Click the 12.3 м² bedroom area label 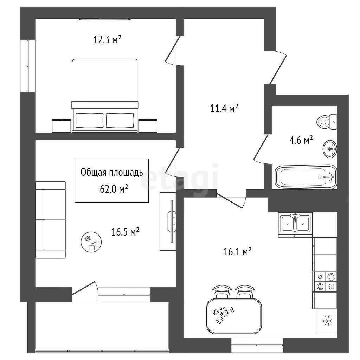[107, 39]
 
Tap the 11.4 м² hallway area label [224, 108]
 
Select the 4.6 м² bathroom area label [301, 140]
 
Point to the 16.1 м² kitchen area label [237, 251]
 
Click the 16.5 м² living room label [126, 232]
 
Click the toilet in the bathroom [327, 122]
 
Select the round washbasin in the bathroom [330, 149]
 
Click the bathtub [306, 177]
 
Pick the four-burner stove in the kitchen [324, 282]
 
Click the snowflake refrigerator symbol [327, 321]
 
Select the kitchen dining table [234, 316]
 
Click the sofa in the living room [51, 220]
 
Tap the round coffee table [91, 242]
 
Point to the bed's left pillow [90, 120]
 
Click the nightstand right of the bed [148, 126]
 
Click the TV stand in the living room [168, 221]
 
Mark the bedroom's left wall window [27, 66]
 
